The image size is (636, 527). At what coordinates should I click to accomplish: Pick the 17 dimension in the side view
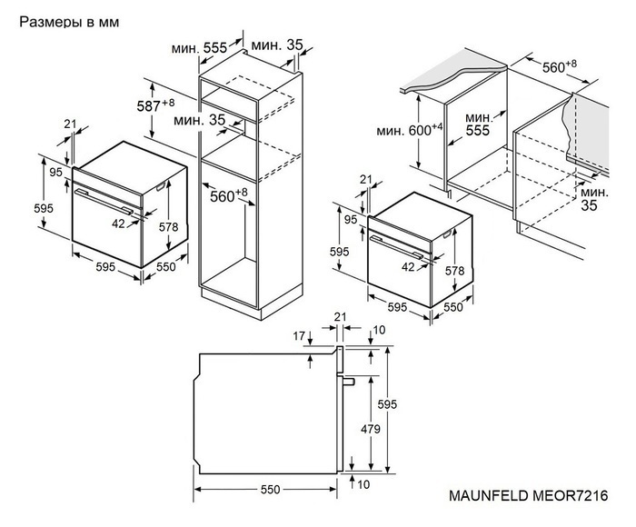(x=301, y=337)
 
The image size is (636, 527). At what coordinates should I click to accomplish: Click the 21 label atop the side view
(x=341, y=315)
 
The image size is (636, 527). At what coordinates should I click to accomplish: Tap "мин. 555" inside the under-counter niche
(x=478, y=124)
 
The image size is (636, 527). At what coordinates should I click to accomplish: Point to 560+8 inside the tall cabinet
(x=229, y=195)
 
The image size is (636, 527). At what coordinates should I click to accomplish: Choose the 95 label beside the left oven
(x=55, y=172)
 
